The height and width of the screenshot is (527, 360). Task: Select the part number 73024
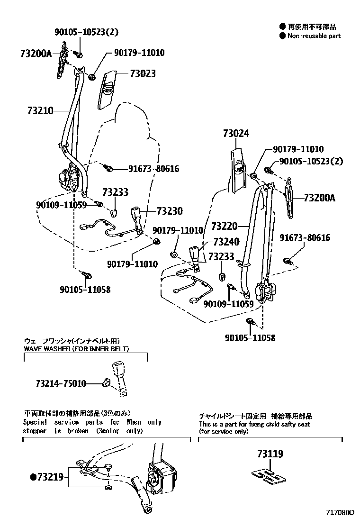point(235,134)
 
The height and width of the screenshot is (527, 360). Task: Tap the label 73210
point(40,111)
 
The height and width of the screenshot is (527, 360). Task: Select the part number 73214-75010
point(61,383)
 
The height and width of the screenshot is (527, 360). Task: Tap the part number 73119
point(270,454)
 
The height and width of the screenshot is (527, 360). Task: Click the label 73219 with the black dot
point(46,477)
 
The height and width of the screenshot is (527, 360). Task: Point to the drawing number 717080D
point(340,513)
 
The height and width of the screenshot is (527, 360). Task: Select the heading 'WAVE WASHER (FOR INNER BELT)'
point(76,349)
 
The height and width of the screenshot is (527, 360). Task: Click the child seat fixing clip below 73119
point(267,476)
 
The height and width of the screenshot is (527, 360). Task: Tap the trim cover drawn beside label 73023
point(107,89)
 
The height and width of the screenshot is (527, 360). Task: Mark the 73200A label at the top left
point(36,53)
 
